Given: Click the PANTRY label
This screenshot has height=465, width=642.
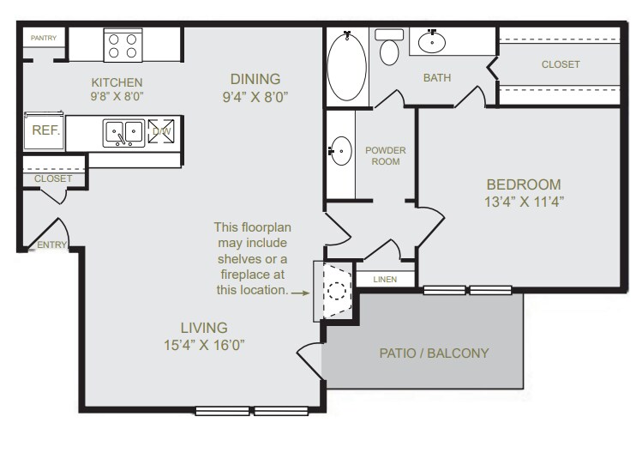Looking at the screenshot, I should (x=44, y=38).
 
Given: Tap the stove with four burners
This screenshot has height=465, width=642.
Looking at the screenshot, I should (x=123, y=45).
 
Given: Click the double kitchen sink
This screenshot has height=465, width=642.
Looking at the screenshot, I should (x=123, y=132).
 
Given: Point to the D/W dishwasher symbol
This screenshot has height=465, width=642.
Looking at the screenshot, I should (x=161, y=131).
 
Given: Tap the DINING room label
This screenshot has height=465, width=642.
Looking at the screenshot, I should (x=253, y=77).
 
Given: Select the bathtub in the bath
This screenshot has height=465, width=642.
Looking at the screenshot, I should (x=347, y=68).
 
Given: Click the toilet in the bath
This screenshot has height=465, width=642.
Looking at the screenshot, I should (x=390, y=50).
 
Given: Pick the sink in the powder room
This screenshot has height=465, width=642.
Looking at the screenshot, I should (x=341, y=152).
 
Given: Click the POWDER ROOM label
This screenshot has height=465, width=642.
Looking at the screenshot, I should (x=386, y=155).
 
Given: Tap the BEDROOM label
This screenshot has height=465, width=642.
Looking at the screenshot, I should (x=523, y=184).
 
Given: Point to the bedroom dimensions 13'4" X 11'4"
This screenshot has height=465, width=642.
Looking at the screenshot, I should (x=523, y=202).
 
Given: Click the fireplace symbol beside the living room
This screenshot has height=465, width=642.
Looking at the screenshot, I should (x=335, y=290).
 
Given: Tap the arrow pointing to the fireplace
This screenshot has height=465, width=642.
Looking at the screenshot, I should (x=301, y=292).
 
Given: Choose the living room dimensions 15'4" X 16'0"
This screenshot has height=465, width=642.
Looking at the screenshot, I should (x=203, y=346).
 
